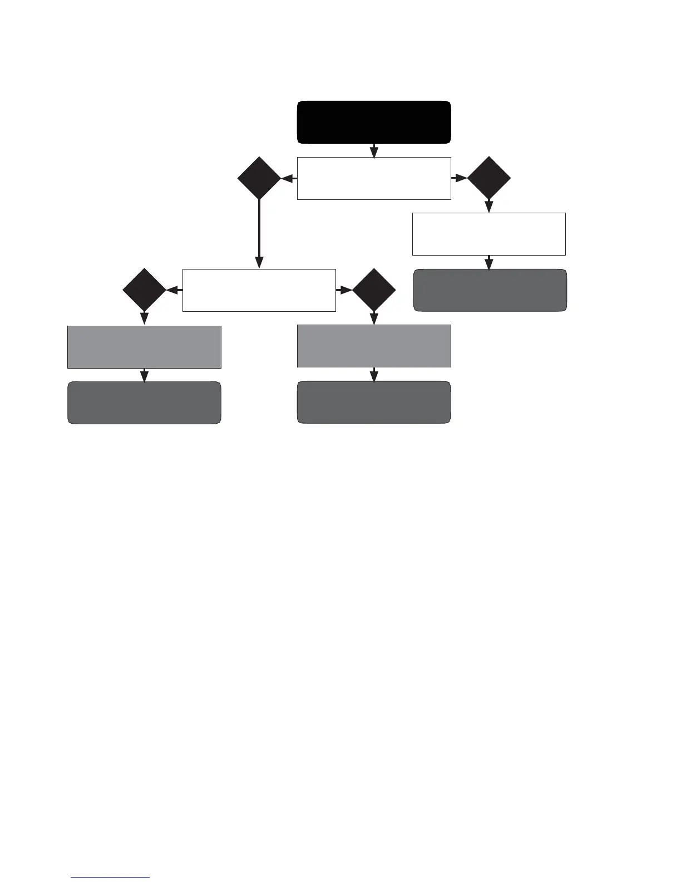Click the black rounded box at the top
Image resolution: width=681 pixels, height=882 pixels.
coord(374,122)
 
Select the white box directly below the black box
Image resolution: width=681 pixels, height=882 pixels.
coord(374,178)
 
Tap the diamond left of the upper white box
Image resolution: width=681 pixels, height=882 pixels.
coord(259,178)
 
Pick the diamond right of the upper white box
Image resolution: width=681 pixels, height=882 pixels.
coord(489,178)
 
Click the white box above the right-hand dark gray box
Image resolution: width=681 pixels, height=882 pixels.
coord(489,234)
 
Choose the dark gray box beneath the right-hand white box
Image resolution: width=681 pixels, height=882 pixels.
coord(490,290)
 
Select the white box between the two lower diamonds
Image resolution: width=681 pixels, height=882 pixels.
coord(259,290)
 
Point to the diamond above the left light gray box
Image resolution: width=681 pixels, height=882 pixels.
coord(145,290)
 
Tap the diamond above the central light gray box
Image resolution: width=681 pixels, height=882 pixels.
coord(374,290)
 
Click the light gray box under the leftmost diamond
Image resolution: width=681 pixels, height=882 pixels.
coord(145,347)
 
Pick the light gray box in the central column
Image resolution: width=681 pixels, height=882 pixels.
coord(374,346)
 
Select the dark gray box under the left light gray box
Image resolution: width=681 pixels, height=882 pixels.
coord(145,403)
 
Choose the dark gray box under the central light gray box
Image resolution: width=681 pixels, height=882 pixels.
coord(374,402)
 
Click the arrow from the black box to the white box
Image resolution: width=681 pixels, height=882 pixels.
coord(374,151)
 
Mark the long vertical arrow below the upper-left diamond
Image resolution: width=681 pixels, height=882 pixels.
coord(259,234)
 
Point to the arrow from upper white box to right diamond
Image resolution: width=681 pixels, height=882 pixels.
coord(459,178)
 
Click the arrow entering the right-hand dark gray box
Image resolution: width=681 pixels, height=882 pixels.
coord(489,263)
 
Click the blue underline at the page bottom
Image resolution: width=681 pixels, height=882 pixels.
coord(110,878)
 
